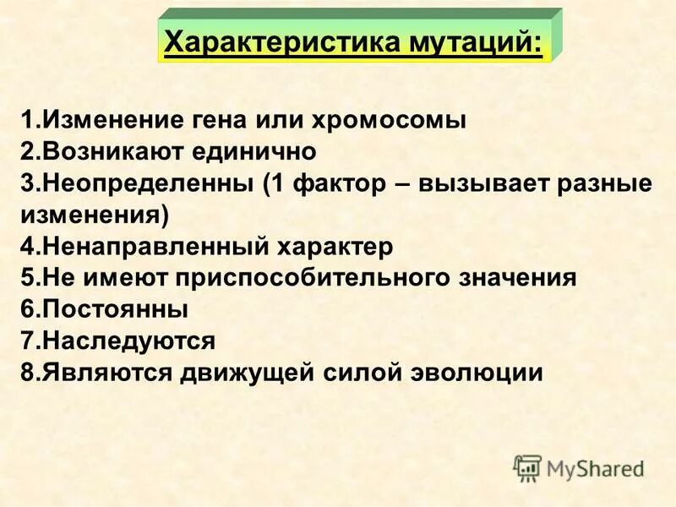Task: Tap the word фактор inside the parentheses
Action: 337,184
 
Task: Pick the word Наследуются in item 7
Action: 128,341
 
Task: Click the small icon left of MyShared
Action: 527,468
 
